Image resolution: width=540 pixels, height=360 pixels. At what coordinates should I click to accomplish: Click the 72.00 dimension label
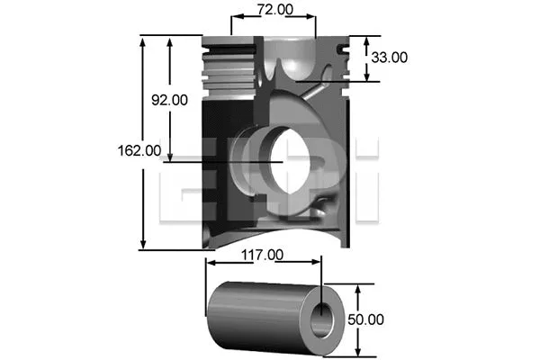274,10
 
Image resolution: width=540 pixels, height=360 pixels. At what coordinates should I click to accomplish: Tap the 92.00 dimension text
169,101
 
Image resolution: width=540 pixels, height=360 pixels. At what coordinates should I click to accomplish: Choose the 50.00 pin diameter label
365,319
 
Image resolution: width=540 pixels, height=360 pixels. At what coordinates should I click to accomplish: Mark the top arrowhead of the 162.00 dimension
142,40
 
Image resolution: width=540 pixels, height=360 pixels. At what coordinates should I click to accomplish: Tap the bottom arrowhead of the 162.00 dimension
142,246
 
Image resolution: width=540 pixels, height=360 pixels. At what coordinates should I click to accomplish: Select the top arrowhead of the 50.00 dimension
359,287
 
